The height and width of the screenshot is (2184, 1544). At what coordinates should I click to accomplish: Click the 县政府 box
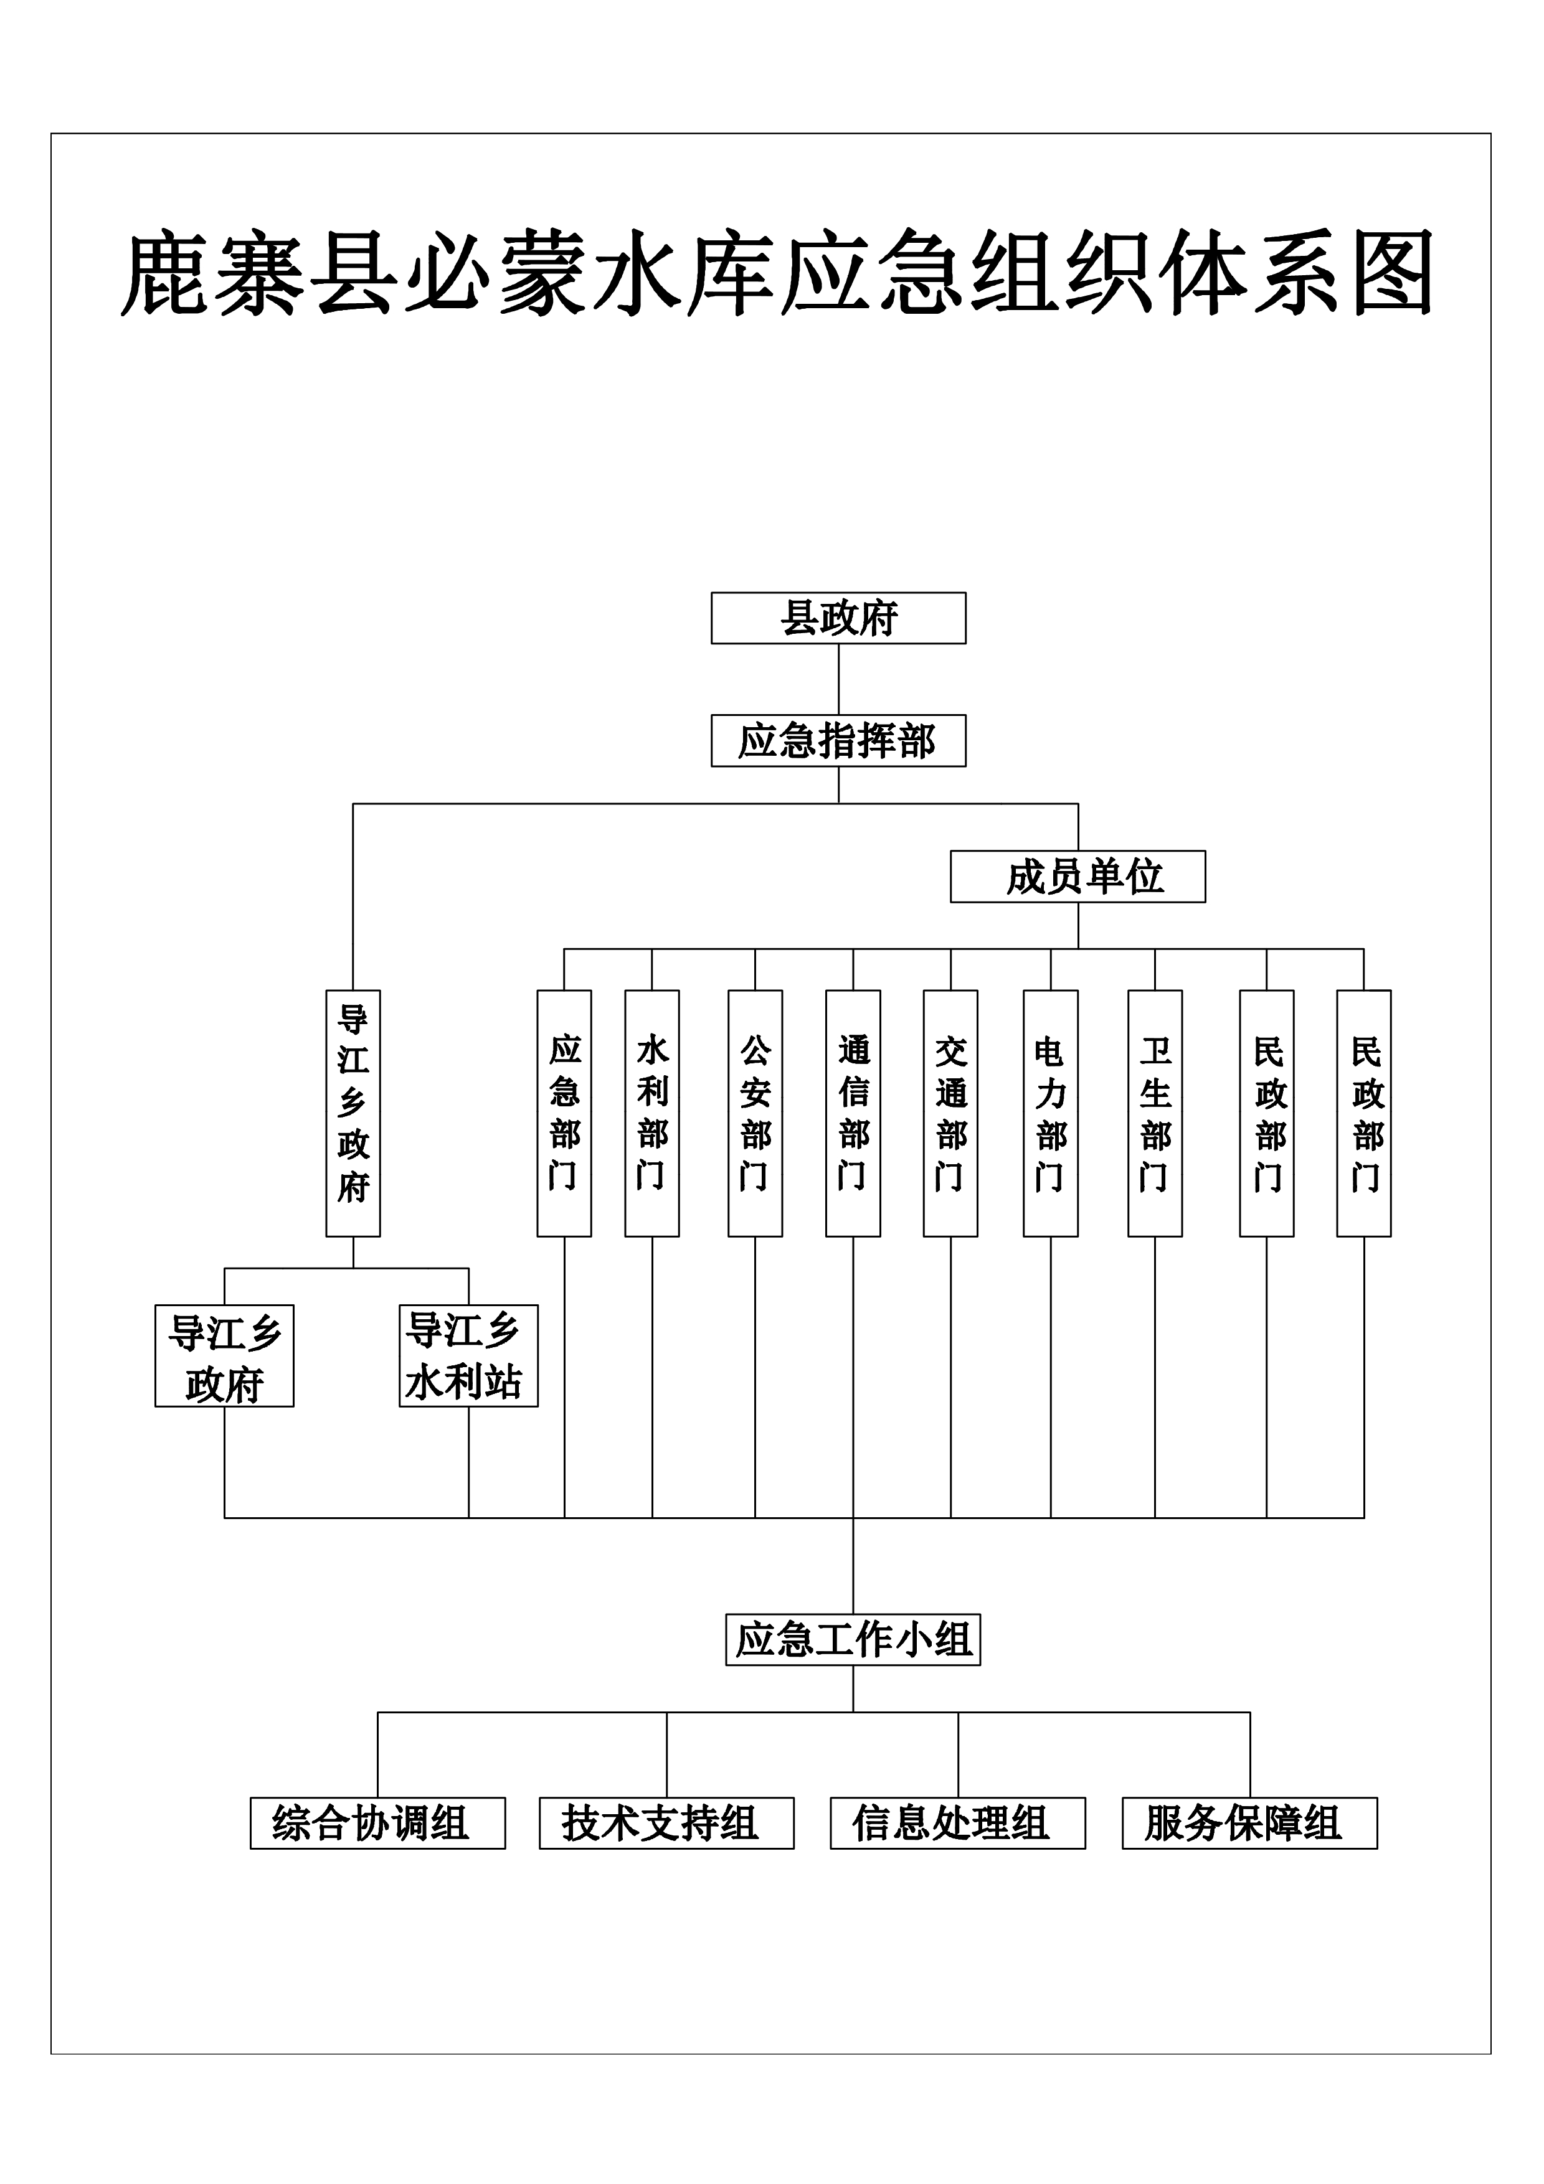tap(838, 618)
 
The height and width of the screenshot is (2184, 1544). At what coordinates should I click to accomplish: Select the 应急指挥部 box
tap(838, 741)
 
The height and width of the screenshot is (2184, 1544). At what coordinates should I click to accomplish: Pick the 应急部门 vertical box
tap(564, 1113)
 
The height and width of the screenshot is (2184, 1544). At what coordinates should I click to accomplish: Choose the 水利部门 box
tap(651, 1113)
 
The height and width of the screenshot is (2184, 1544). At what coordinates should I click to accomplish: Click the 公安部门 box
tap(755, 1113)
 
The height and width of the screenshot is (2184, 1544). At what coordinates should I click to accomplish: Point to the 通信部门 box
tap(853, 1113)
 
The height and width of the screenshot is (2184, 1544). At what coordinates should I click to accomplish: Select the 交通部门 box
tap(950, 1113)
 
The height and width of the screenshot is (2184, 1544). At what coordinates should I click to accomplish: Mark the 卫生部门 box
tap(1155, 1113)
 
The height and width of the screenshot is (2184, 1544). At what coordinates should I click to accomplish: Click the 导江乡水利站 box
tap(468, 1355)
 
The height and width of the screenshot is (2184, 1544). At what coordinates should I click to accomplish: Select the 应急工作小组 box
tap(853, 1639)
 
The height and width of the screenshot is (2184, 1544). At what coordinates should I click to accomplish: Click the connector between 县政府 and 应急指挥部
tap(838, 679)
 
